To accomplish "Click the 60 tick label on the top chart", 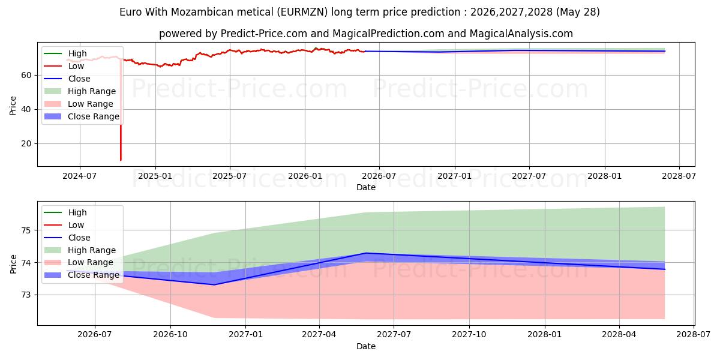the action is (x=26, y=75).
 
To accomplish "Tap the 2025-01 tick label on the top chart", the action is (x=155, y=176).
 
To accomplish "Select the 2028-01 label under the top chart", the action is (x=605, y=176).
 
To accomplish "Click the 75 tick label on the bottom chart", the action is (x=26, y=230).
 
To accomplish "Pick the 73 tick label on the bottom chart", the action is (x=26, y=295).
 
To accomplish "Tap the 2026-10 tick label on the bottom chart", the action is (x=170, y=335).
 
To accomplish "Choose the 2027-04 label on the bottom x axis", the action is (x=319, y=335).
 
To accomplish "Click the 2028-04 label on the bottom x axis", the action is (x=619, y=335).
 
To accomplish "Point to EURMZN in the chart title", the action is (x=302, y=12).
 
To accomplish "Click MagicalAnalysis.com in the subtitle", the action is (x=521, y=34).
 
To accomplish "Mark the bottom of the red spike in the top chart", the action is (x=121, y=160).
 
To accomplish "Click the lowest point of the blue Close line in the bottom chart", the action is (x=214, y=285).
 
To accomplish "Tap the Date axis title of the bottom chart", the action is (x=366, y=347).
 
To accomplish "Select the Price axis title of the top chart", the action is (x=13, y=106).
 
